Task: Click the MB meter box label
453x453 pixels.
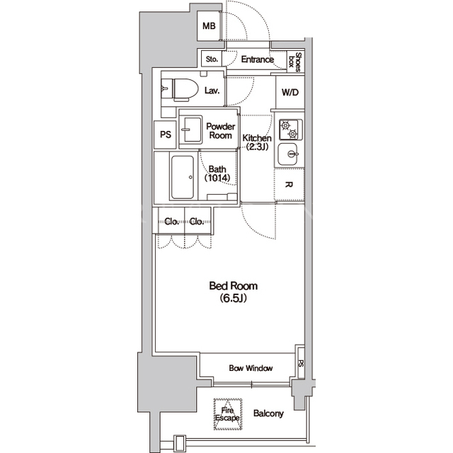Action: click(x=209, y=26)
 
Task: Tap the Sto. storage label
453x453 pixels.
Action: click(x=212, y=59)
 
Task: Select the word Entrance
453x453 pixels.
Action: click(x=258, y=59)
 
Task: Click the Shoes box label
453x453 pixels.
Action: click(x=295, y=62)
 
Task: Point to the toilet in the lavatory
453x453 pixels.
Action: click(x=185, y=90)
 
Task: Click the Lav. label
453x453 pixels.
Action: click(x=212, y=91)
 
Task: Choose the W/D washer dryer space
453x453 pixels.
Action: click(x=290, y=93)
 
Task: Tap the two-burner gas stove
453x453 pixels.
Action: click(x=290, y=130)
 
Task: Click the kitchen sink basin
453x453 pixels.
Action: click(x=287, y=154)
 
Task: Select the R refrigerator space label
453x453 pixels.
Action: click(x=288, y=185)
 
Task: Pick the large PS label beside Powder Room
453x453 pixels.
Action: click(x=166, y=134)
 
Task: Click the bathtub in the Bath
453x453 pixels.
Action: click(x=183, y=178)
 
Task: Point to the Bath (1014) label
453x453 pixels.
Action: click(x=217, y=173)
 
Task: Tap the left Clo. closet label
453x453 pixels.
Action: click(x=171, y=222)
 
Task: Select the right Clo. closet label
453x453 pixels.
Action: click(x=197, y=222)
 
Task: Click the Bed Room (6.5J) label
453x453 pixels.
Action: click(x=234, y=292)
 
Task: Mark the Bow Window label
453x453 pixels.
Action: click(x=251, y=368)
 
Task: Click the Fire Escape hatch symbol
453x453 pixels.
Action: click(x=228, y=414)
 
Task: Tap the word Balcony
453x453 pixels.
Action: click(x=268, y=413)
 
